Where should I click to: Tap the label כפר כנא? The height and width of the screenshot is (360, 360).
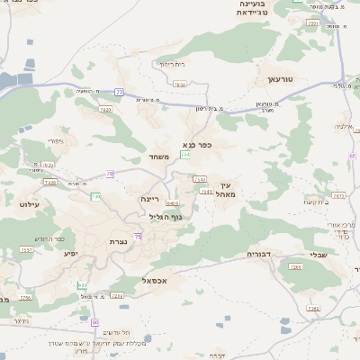196,143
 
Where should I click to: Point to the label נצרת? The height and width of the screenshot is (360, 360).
118,241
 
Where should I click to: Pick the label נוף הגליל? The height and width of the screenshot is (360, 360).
164,217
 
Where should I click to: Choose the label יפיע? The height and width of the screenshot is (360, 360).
70,253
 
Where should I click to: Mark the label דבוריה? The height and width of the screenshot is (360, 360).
261,255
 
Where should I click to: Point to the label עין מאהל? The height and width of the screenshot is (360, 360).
225,188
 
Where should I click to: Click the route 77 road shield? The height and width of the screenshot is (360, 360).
119,92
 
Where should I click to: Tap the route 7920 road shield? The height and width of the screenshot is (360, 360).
105,109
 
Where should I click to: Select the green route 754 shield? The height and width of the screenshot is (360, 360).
184,156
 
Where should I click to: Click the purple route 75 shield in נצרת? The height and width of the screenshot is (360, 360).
137,237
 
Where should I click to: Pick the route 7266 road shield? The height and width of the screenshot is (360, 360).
314,309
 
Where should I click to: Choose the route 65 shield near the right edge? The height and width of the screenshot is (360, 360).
352,155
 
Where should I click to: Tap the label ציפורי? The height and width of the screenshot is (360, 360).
57,141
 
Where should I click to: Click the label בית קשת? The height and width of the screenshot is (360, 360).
314,202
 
